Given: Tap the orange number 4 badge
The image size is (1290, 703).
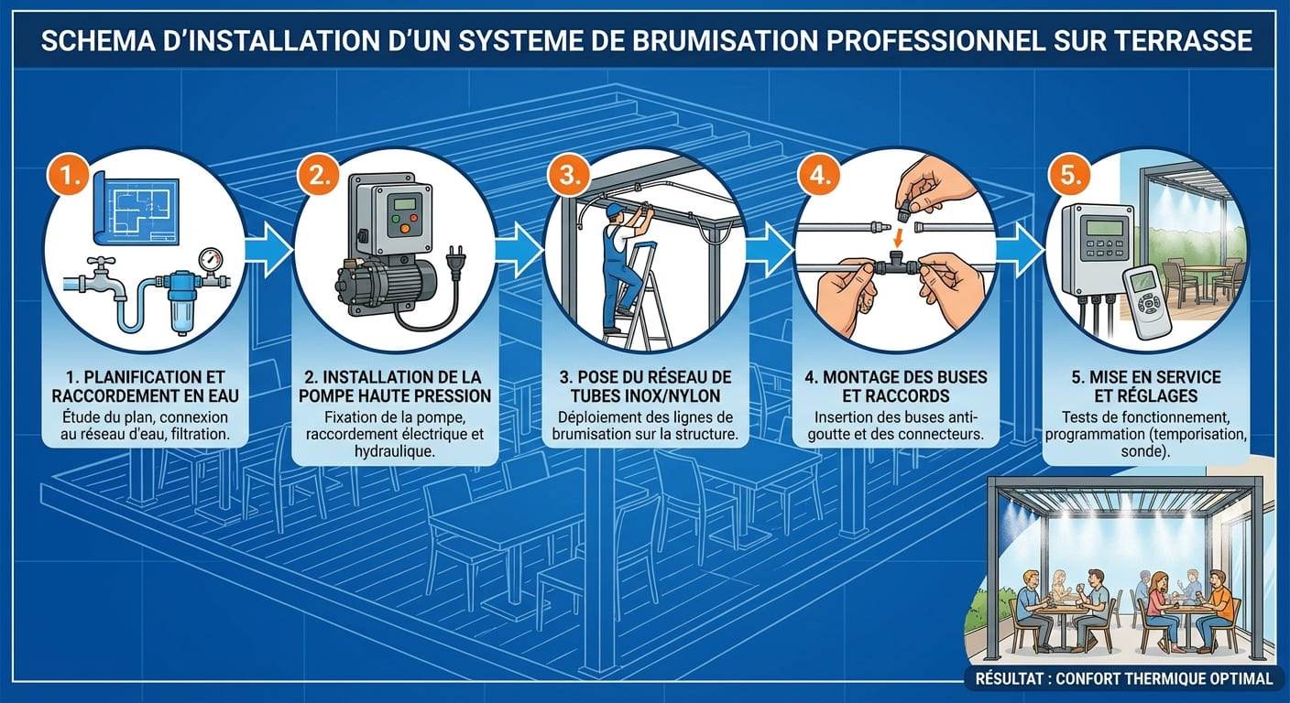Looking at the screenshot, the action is tap(819, 175).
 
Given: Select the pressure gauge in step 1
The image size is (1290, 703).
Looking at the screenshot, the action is tap(212, 262).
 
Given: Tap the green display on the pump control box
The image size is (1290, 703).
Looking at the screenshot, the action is tap(404, 203).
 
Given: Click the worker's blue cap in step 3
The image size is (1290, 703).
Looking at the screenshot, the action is tap(616, 210).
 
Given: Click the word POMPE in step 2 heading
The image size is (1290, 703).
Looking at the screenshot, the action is tap(331, 395).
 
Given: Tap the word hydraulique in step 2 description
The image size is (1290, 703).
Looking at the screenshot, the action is tap(395, 451).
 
